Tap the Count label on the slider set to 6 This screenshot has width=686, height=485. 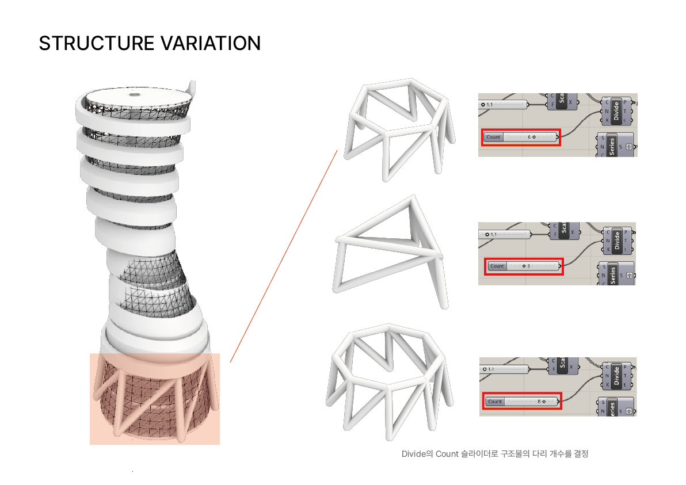[x=493, y=138]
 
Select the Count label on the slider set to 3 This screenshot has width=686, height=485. [x=497, y=266]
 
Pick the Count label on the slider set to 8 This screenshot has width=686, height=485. [x=495, y=402]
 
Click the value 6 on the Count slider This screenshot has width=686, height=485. [x=529, y=138]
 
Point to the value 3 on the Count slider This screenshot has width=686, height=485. [x=528, y=266]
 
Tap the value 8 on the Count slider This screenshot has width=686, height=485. [x=539, y=402]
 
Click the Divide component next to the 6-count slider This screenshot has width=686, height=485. [x=616, y=109]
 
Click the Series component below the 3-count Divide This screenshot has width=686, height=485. [x=612, y=276]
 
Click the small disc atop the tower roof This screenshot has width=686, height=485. [x=135, y=94]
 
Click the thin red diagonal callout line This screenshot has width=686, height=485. [x=283, y=256]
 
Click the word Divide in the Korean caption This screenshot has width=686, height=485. [x=413, y=454]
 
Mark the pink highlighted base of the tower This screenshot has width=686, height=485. [x=154, y=399]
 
